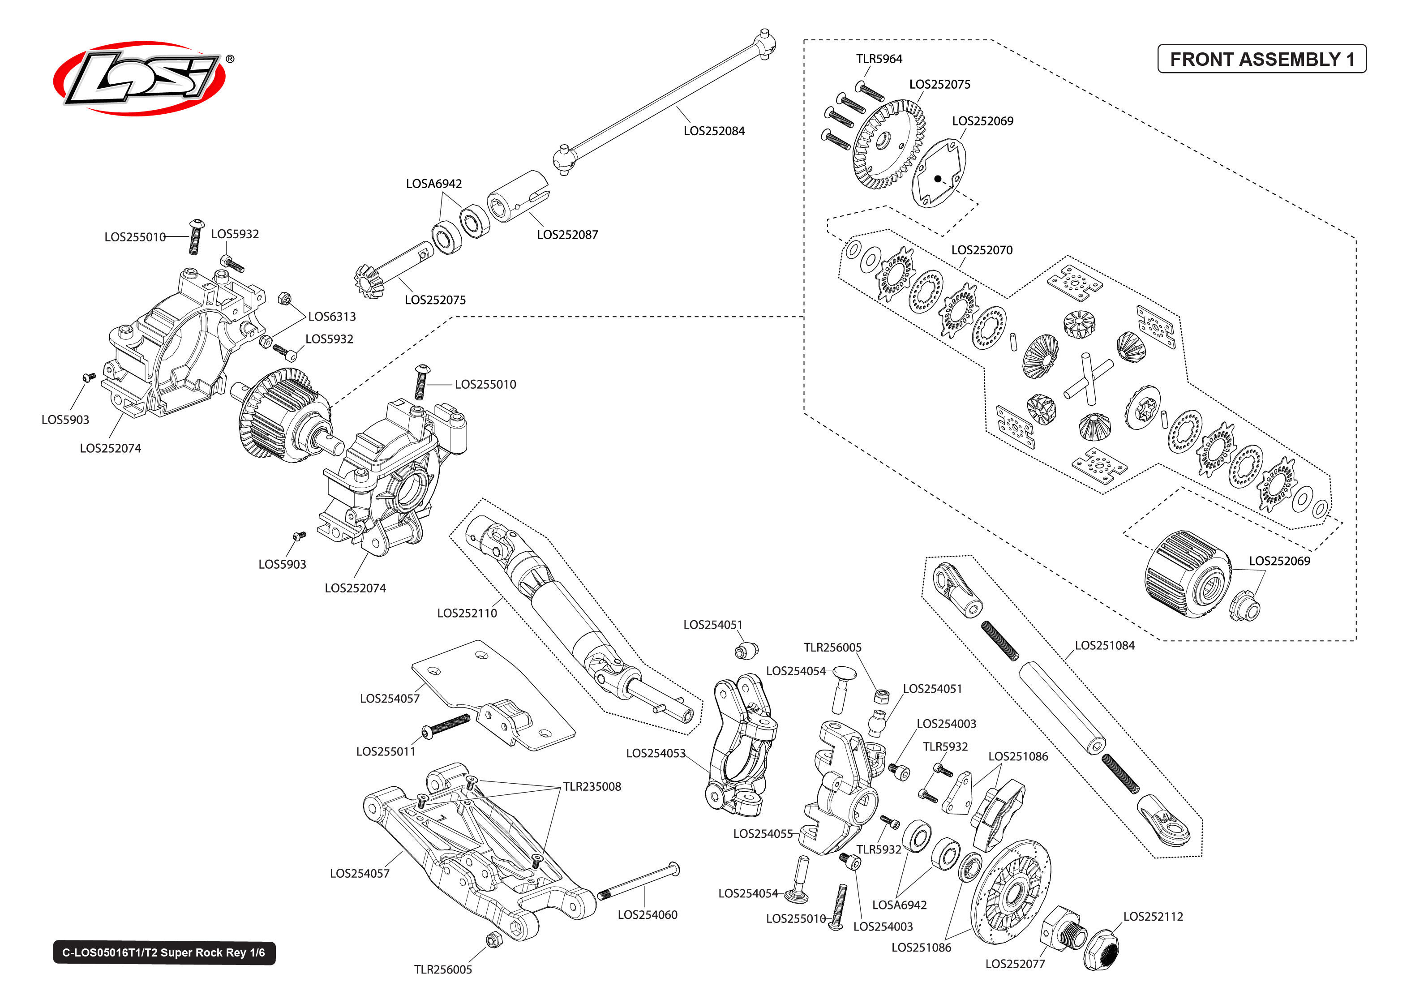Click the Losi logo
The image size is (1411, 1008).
[140, 79]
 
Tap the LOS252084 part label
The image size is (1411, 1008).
[714, 131]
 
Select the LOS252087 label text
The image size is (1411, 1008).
[567, 235]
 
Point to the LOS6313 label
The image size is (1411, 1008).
[332, 317]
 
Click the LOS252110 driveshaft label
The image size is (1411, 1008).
[467, 613]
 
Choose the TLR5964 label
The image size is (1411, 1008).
[879, 59]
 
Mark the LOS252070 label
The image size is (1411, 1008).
[982, 250]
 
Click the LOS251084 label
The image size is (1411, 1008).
[1104, 646]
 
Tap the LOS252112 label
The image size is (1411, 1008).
[1153, 917]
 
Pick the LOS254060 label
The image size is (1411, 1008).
[647, 915]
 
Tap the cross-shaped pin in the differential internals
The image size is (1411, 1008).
[1087, 379]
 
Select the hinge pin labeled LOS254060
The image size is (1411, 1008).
[639, 881]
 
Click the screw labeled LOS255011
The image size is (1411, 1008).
[446, 725]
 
